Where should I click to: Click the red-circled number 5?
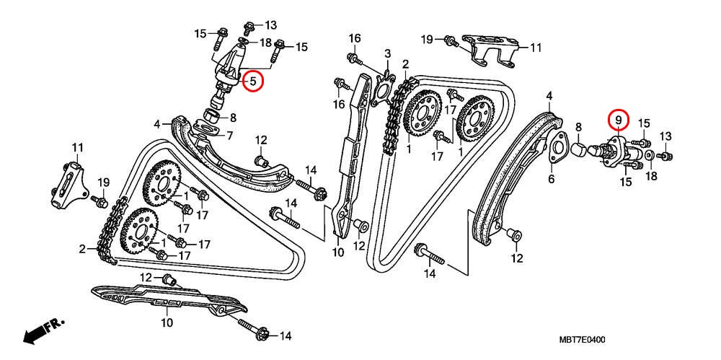252,82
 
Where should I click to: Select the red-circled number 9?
618,120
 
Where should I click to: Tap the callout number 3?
388,54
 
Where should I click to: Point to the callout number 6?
552,179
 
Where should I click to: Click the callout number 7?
229,136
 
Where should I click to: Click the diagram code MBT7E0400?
582,341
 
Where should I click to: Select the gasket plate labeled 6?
558,149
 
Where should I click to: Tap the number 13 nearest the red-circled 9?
665,136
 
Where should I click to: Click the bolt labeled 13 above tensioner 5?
248,27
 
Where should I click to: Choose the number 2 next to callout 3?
405,63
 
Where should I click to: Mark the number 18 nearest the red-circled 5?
266,43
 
